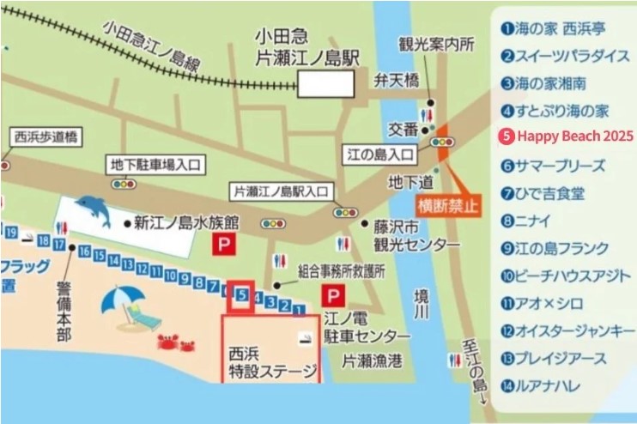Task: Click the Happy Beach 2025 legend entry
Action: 567,136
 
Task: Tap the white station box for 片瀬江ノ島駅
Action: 325,83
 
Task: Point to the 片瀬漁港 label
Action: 371,361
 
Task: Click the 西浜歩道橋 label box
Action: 46,136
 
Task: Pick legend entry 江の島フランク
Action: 561,250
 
